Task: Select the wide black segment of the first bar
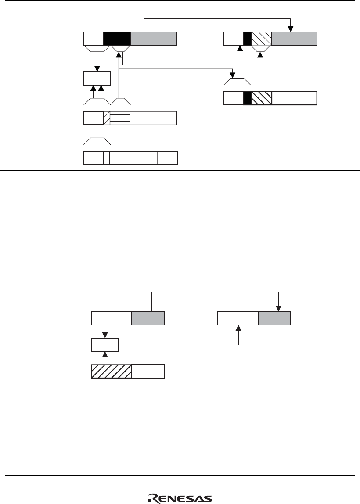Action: [x=117, y=39]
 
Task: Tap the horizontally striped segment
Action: [x=120, y=118]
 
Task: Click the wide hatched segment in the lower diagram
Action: [x=111, y=371]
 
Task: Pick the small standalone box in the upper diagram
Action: [x=97, y=79]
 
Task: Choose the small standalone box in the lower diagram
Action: [x=105, y=345]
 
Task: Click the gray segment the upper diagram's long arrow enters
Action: [x=294, y=39]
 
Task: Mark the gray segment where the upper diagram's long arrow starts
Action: [x=154, y=39]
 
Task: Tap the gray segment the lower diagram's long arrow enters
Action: [x=274, y=318]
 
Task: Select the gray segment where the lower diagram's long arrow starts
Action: [x=148, y=318]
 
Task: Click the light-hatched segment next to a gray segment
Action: [x=262, y=39]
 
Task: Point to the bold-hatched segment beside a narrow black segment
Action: [x=262, y=98]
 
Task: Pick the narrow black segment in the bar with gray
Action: [x=247, y=39]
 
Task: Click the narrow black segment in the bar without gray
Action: [x=247, y=98]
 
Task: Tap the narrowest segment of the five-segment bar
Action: [x=106, y=158]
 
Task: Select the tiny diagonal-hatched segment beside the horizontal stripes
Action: [x=106, y=118]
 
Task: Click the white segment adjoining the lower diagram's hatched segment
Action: [x=148, y=371]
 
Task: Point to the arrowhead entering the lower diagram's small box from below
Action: [x=105, y=354]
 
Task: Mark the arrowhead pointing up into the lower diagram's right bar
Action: [x=238, y=328]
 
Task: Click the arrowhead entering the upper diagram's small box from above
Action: [x=97, y=69]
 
